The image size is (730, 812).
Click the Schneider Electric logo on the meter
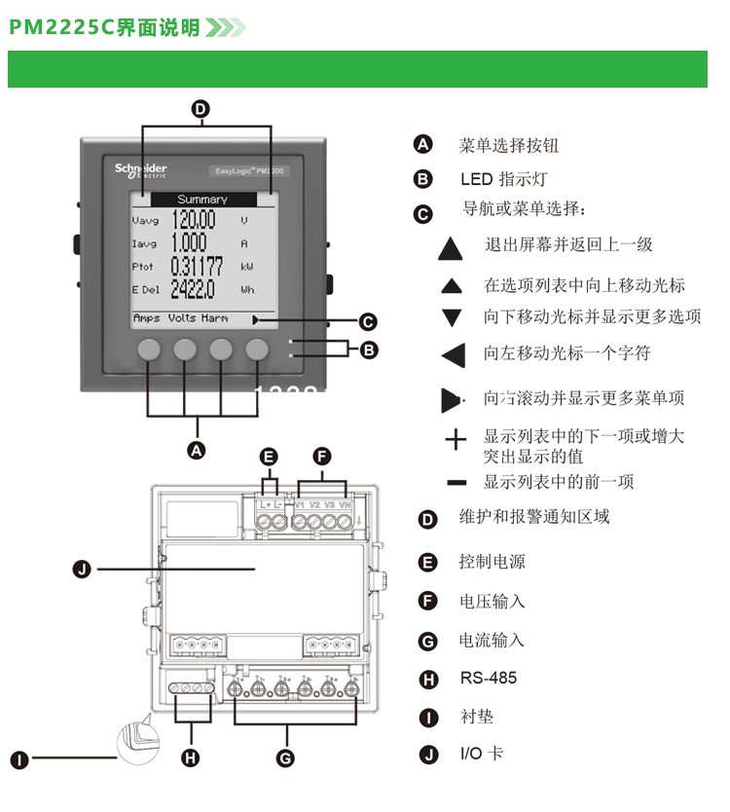pyautogui.click(x=141, y=170)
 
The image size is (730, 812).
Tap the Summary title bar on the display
pyautogui.click(x=201, y=199)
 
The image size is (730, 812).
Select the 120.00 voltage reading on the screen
pyautogui.click(x=193, y=220)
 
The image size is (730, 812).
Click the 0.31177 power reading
pyautogui.click(x=197, y=266)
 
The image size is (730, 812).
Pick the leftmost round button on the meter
pyautogui.click(x=149, y=351)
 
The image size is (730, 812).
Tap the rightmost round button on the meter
pyautogui.click(x=257, y=351)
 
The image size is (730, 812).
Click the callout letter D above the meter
pyautogui.click(x=201, y=110)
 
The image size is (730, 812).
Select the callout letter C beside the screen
pyautogui.click(x=368, y=321)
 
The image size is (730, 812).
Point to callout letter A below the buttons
pyautogui.click(x=198, y=450)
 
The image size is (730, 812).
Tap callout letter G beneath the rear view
pyautogui.click(x=285, y=757)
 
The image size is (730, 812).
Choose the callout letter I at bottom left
pyautogui.click(x=19, y=758)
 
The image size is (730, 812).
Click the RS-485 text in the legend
pyautogui.click(x=489, y=678)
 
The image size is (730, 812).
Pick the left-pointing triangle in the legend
pyautogui.click(x=454, y=355)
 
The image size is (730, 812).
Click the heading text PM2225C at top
pyautogui.click(x=61, y=27)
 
